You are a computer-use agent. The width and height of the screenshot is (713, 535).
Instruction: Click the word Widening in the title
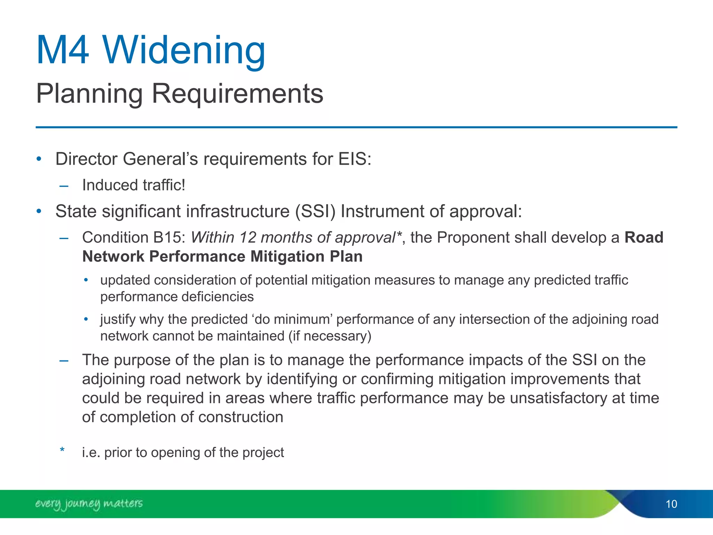[x=184, y=51]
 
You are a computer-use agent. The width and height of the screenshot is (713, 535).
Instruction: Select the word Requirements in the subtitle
[x=237, y=94]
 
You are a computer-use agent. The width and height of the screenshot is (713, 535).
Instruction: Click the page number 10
[x=671, y=504]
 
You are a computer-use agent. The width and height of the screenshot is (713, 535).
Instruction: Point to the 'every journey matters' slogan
[x=89, y=504]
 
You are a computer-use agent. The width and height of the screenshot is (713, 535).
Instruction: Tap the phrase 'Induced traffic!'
[x=134, y=185]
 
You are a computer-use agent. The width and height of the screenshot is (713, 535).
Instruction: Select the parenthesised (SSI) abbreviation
[x=315, y=211]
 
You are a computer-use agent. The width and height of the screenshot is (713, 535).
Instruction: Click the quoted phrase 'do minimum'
[x=291, y=319]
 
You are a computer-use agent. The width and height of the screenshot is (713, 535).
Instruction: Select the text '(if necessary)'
[x=330, y=336]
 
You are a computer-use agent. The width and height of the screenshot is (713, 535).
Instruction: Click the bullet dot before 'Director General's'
[x=39, y=159]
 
